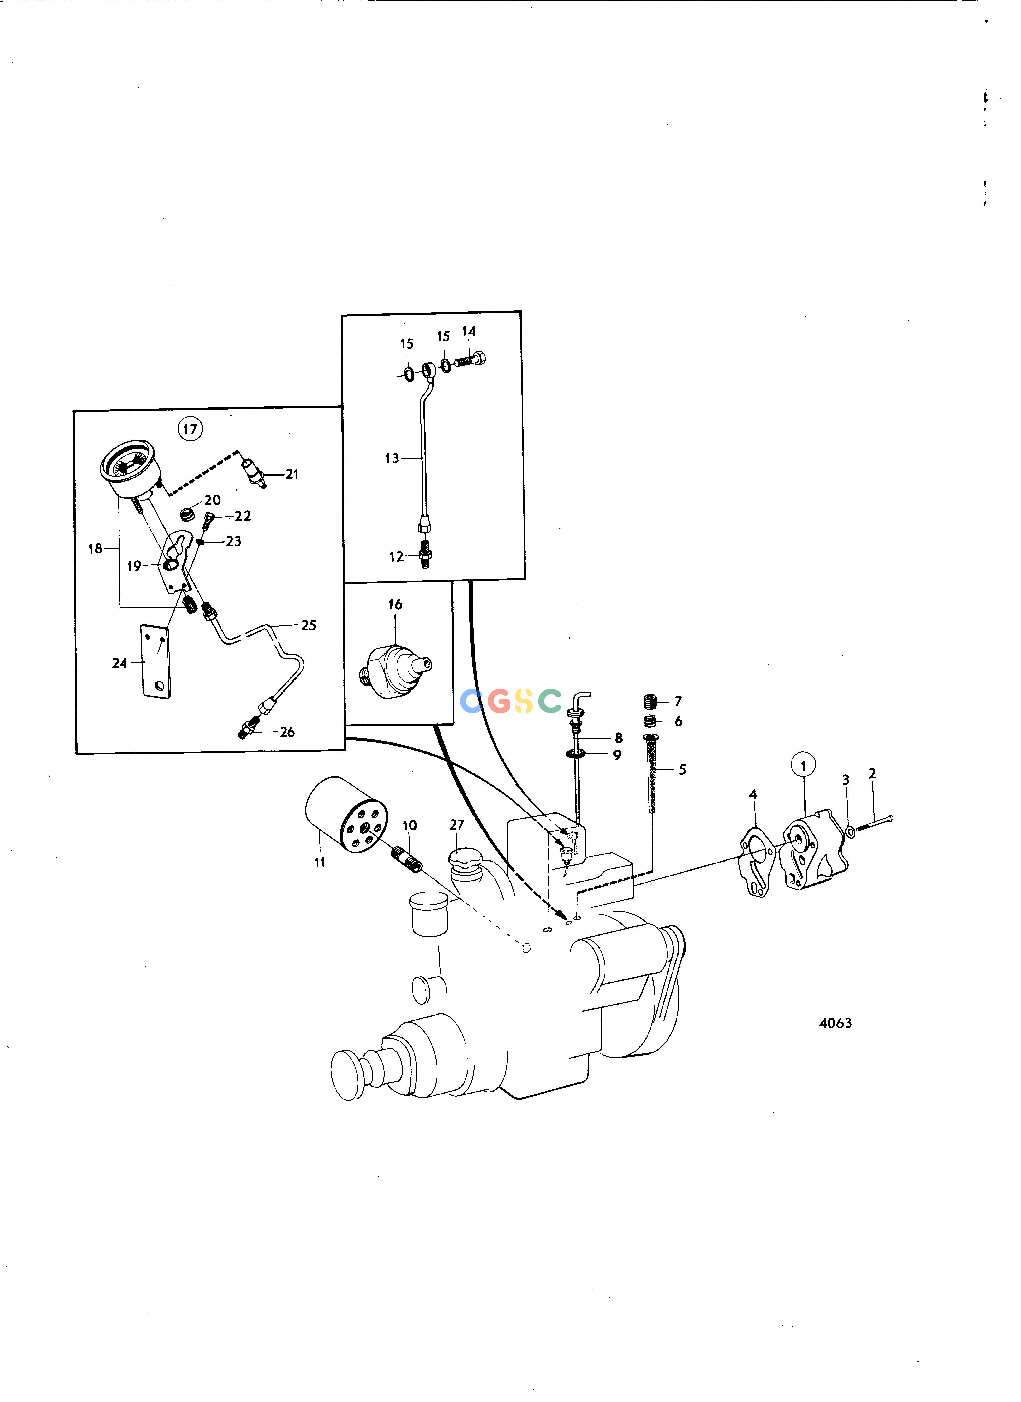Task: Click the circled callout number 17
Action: (190, 428)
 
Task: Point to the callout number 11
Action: (319, 862)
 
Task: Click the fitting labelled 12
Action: (425, 554)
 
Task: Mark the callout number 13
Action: (392, 458)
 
